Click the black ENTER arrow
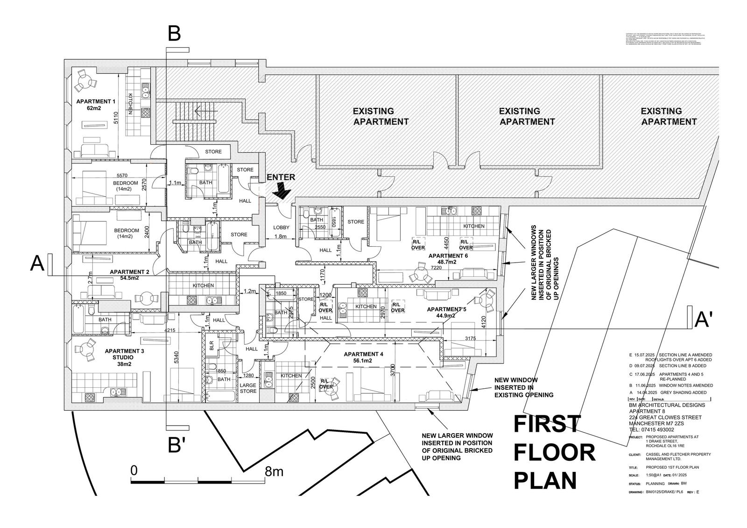(282, 190)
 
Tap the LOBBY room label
(281, 228)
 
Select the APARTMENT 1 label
(96, 105)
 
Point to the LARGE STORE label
(248, 388)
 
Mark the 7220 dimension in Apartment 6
(436, 268)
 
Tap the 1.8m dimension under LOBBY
(281, 236)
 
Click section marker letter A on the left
(37, 263)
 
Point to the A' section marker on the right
(704, 320)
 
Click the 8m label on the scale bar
(274, 471)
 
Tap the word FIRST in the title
(547, 424)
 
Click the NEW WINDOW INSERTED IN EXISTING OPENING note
(523, 387)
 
